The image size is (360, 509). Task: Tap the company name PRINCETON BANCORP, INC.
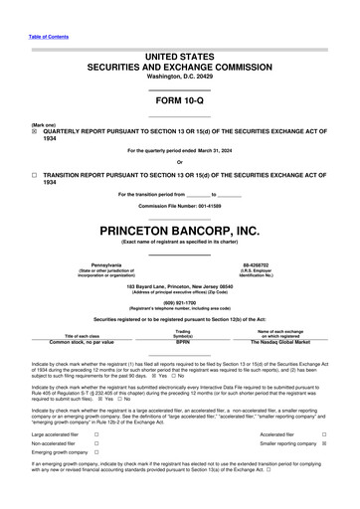tap(180, 231)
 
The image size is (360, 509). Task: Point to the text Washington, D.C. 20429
tap(180, 77)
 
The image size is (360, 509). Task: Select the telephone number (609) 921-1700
tap(180, 303)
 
